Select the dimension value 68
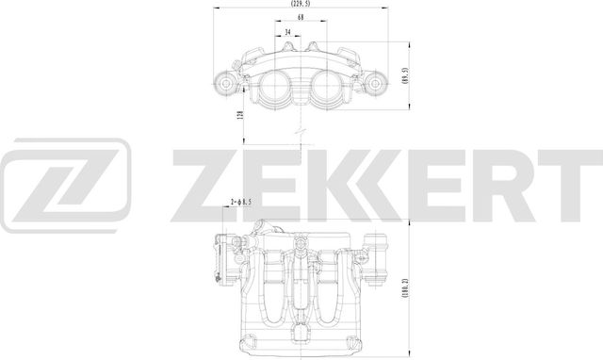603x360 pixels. [x=300, y=19]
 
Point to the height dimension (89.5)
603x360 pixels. [x=404, y=76]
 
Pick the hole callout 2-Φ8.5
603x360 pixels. [x=243, y=202]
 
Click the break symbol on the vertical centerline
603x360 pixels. [x=300, y=130]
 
